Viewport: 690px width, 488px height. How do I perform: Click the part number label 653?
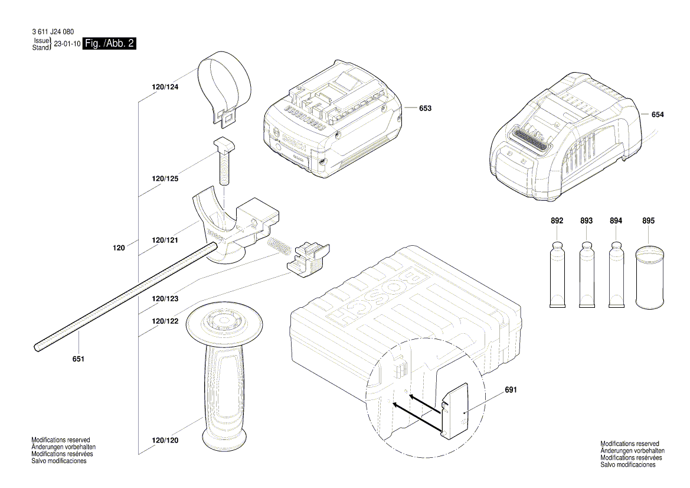425,108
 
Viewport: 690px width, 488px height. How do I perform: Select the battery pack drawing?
333,121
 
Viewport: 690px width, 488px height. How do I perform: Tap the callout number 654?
658,115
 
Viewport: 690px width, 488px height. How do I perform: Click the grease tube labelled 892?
557,274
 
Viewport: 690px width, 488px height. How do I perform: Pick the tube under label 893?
586,274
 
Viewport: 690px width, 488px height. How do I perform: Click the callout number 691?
511,391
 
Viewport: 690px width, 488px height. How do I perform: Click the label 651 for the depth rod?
79,359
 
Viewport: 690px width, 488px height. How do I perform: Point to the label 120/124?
165,87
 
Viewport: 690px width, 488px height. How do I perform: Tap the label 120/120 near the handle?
165,440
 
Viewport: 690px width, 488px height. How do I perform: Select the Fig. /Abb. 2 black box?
109,44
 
